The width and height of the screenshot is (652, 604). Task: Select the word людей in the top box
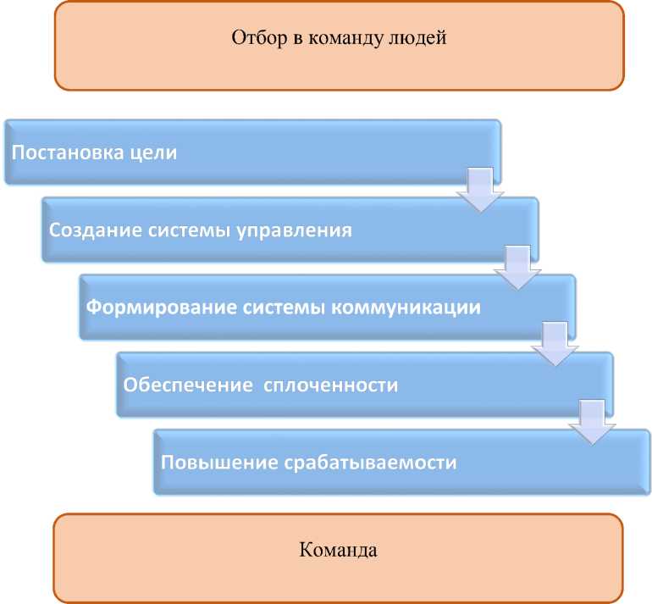[417, 38]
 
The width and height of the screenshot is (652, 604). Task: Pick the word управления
[301, 230]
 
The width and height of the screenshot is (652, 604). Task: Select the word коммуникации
[410, 307]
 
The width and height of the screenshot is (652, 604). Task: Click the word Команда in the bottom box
[339, 550]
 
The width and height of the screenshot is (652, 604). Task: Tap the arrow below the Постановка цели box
[480, 189]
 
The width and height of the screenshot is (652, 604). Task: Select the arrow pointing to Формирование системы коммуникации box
[517, 266]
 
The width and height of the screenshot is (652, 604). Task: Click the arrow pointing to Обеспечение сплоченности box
[555, 343]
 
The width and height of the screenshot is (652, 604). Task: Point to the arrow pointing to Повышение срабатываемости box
[591, 421]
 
